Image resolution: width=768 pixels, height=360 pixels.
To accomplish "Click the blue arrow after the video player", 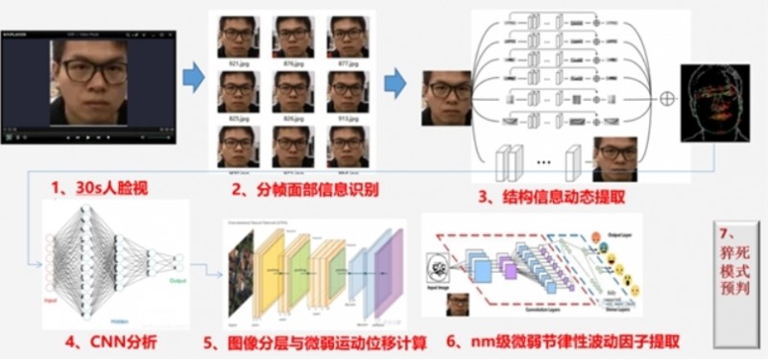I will pyautogui.click(x=194, y=77).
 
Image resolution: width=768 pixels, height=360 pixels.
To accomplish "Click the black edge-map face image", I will pyautogui.click(x=715, y=103).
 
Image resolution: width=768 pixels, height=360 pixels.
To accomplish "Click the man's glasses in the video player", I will pyautogui.click(x=94, y=73).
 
